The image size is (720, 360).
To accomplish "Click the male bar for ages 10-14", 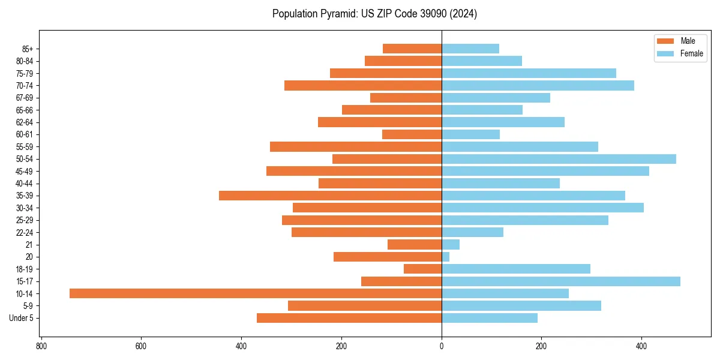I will tap(255, 293).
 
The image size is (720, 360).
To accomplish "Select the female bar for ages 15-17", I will tap(561, 281).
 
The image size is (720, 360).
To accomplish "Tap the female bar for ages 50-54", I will tap(559, 159).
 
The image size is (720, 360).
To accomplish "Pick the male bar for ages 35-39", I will tap(330, 196).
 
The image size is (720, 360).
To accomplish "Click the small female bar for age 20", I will tap(445, 257).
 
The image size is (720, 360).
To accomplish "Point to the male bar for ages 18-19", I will tap(422, 269).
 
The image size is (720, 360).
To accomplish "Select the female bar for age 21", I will tap(451, 244).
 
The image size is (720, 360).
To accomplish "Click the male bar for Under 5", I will tap(349, 318).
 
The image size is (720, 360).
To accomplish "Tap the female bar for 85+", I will tap(470, 49).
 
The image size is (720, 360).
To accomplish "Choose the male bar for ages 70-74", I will tap(363, 85).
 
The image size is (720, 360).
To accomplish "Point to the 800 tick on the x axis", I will tap(41, 346).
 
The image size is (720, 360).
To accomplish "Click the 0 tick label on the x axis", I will tap(442, 346).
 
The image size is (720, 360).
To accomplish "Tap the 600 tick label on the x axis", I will tap(141, 346).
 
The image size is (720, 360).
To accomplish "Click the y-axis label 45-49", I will tap(25, 171).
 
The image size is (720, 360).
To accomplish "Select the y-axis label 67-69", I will tap(25, 98).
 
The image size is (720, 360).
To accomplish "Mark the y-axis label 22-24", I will tap(25, 232).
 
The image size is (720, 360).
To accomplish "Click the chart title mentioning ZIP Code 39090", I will tap(374, 14).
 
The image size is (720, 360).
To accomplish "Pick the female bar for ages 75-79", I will tap(529, 73).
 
